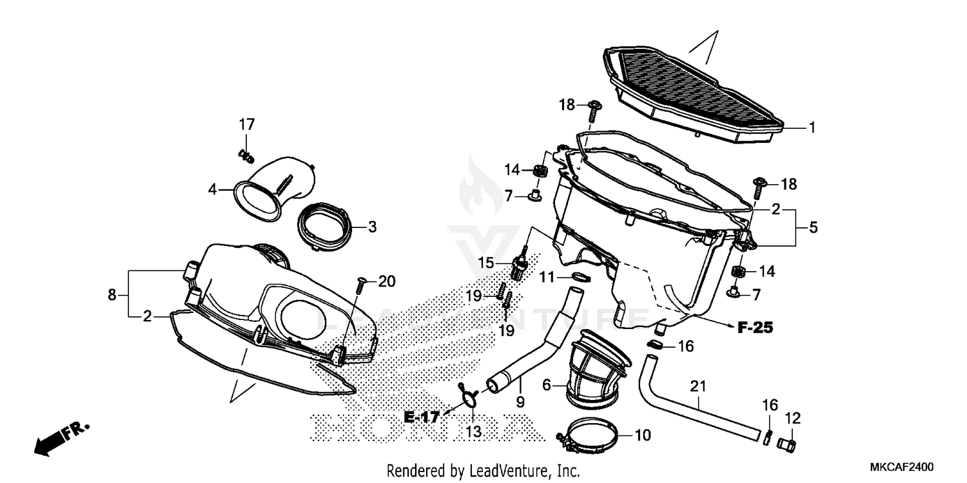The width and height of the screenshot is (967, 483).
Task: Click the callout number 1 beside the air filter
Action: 812,128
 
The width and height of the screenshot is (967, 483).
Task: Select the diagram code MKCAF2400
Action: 899,468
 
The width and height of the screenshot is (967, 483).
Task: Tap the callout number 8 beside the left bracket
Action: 112,294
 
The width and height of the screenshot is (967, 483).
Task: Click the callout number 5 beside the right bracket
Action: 814,227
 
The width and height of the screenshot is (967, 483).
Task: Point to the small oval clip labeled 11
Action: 581,277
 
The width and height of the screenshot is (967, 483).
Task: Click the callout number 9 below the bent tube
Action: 520,401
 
